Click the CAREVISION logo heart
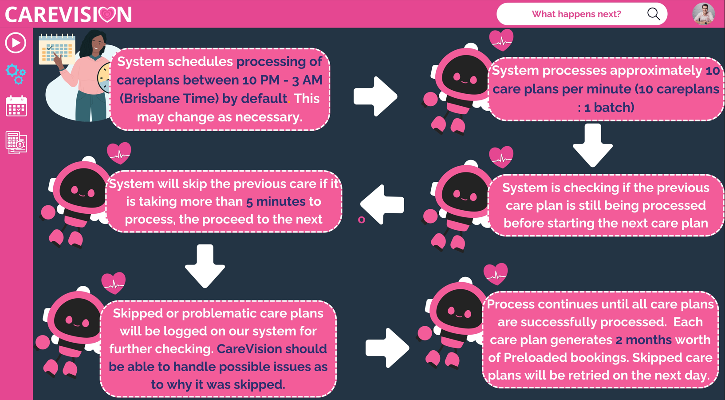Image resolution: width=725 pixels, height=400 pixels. coord(107,15)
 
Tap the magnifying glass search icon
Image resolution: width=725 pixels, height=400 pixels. coord(654,14)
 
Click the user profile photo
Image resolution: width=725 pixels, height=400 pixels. coord(703,14)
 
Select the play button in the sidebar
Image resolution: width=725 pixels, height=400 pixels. coord(16,43)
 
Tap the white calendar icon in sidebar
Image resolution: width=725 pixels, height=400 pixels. coord(16,106)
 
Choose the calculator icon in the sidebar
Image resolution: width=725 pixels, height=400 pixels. coord(16,143)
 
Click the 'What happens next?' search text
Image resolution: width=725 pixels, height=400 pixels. coord(576,14)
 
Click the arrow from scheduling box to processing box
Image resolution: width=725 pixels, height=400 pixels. coord(375,96)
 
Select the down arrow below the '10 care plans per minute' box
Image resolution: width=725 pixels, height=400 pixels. coord(593,145)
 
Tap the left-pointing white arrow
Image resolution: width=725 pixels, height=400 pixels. coord(382,204)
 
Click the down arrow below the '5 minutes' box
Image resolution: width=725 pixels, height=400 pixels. coord(205,266)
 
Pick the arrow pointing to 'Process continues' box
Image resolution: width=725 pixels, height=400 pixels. coord(387,348)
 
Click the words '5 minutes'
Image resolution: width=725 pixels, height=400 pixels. coord(276,202)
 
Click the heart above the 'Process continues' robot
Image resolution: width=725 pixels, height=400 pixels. coord(496,274)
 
